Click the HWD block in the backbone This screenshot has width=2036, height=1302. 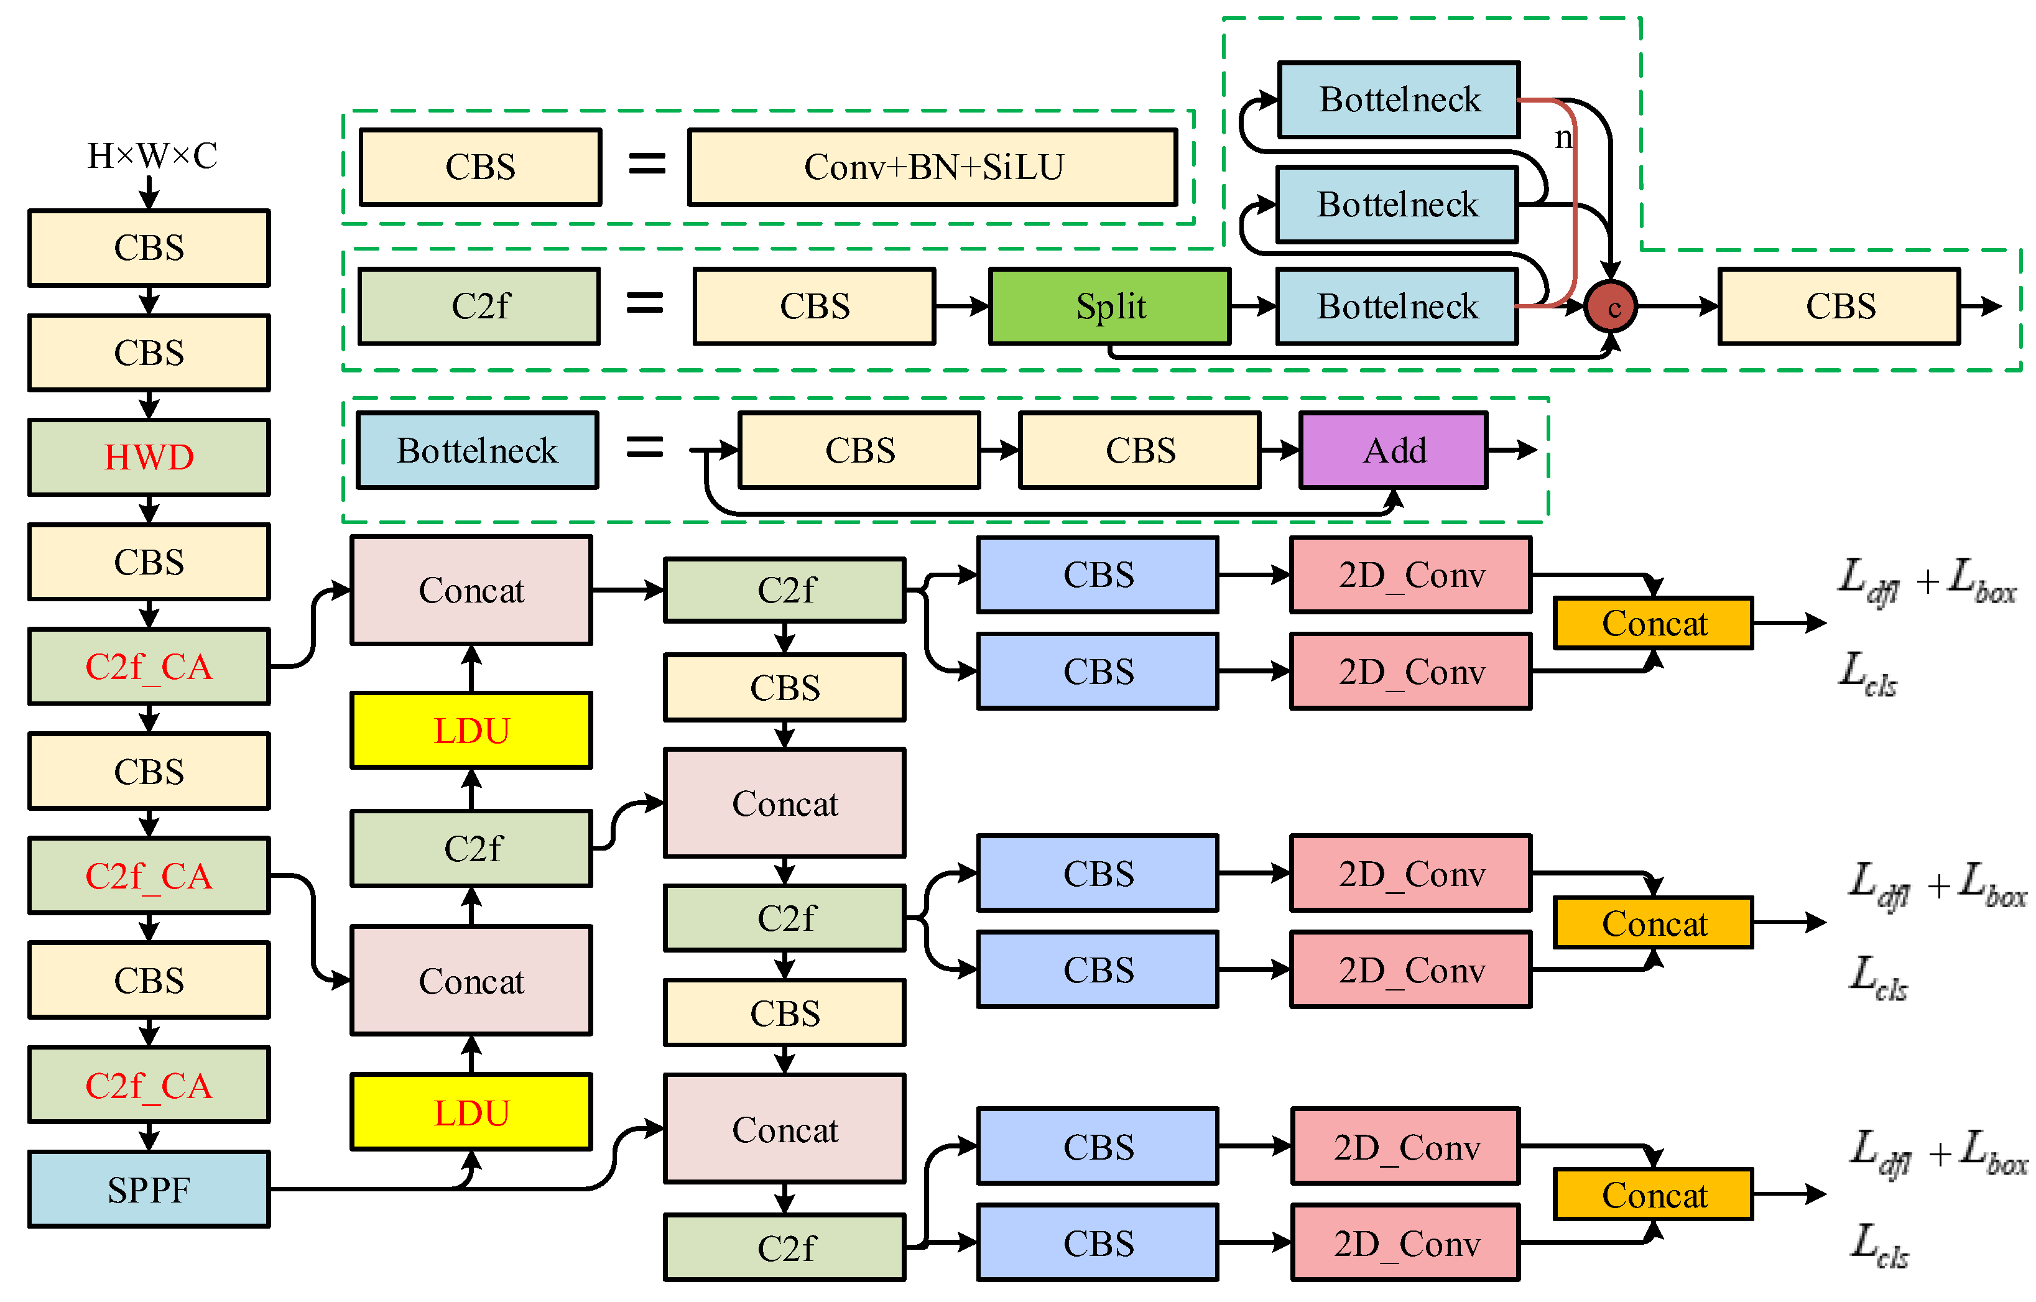pos(149,458)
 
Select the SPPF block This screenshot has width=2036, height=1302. pos(149,1189)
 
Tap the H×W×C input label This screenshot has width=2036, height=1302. pos(152,155)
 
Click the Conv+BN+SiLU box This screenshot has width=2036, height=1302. pos(933,167)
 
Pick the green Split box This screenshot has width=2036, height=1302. pos(1109,306)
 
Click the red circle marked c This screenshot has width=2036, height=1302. pos(1611,307)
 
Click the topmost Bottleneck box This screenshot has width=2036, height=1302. pos(1399,99)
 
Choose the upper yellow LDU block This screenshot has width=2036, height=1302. pos(471,731)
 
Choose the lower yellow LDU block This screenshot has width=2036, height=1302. pos(471,1112)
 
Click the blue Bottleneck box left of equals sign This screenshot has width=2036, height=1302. pos(477,451)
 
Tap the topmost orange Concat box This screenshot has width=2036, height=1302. pos(1653,623)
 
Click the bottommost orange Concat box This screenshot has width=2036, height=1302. pos(1653,1194)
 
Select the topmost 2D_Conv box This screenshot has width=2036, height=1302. pos(1410,575)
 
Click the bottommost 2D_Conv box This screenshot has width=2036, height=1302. pos(1405,1243)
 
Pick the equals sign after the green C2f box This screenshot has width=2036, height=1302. pos(644,303)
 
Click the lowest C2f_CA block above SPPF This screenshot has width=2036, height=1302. pos(149,1086)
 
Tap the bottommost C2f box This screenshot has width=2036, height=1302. pos(785,1248)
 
